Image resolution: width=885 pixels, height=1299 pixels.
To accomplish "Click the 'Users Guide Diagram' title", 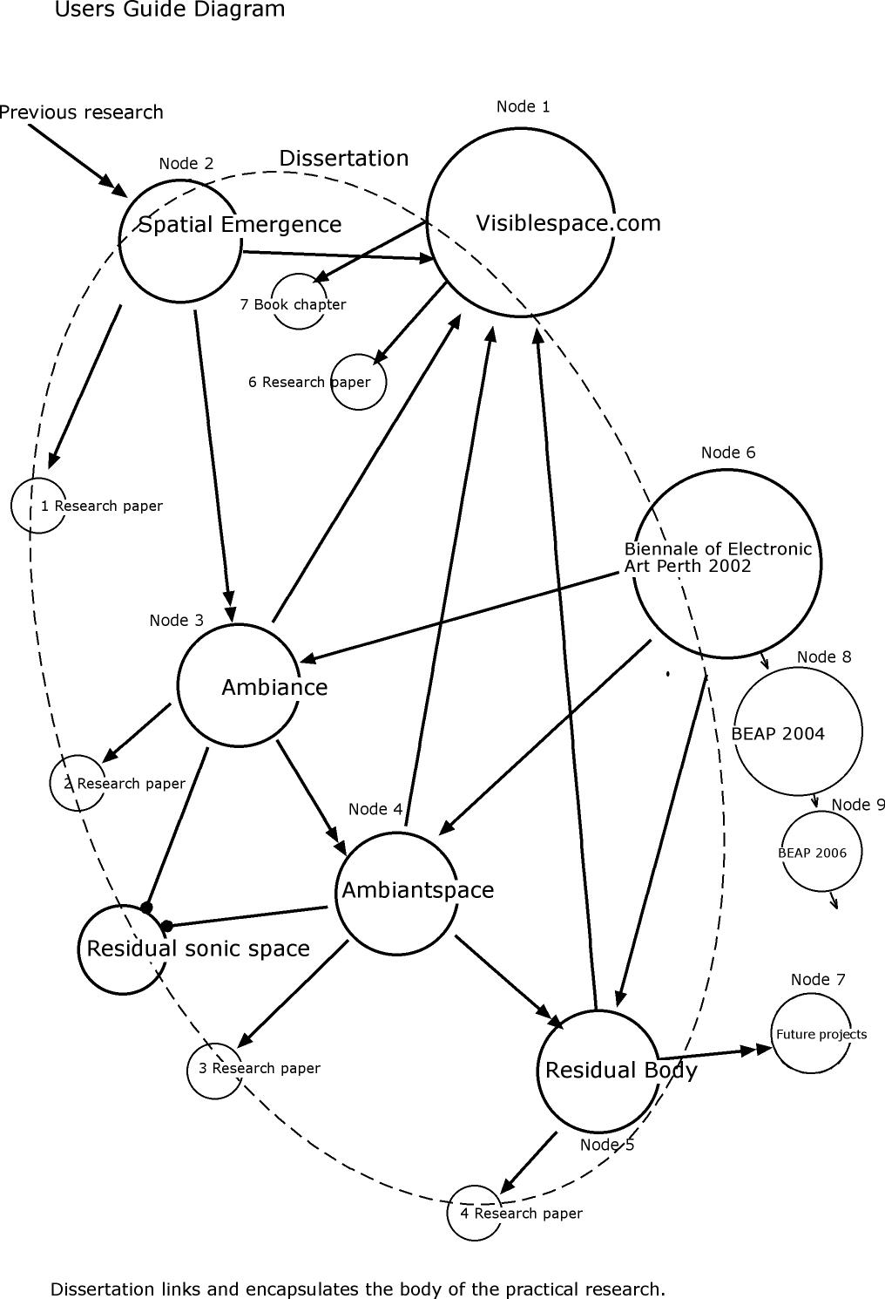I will point(170,10).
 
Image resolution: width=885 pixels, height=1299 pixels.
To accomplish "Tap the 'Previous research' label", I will point(81,112).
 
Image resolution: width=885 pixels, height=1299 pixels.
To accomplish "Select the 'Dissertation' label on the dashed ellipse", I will point(343,159).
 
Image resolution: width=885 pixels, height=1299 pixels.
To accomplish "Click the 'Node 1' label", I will point(523,106).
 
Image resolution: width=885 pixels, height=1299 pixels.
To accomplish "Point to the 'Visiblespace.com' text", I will point(568,223).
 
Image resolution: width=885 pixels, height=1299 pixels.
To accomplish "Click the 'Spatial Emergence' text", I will point(240,225).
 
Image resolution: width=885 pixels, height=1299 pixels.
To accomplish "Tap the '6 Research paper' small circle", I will point(358,382).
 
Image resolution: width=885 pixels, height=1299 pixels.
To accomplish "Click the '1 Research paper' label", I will point(101,506).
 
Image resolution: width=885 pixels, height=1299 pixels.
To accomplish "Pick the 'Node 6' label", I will point(728,452).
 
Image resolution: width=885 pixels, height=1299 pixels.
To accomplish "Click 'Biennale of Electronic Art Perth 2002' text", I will point(717,557).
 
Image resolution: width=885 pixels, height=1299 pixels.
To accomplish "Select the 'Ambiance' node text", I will point(274,688).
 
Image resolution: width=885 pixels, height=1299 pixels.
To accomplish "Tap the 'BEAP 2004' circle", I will point(799,731).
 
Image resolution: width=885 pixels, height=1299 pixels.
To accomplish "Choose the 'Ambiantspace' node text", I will point(417,890).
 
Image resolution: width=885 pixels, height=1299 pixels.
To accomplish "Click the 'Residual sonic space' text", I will point(198,949).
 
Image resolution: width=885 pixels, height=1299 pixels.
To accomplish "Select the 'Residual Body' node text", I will point(621,1071).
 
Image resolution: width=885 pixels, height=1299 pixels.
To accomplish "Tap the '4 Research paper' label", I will point(521,1214).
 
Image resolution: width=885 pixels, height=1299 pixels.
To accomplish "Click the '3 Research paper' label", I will point(259,1068).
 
